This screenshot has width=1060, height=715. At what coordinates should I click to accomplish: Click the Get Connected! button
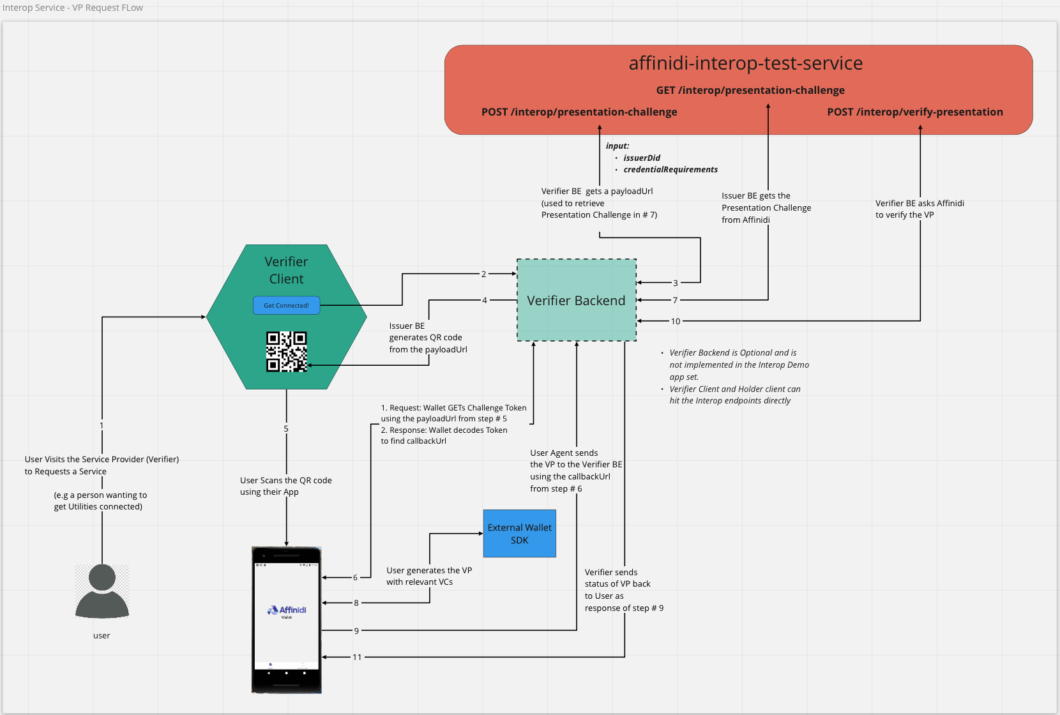click(x=286, y=305)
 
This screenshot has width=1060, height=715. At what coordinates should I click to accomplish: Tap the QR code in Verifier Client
click(x=287, y=351)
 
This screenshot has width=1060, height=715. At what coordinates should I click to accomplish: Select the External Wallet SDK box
click(x=519, y=534)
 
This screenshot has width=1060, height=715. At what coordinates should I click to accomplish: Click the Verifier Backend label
click(x=576, y=301)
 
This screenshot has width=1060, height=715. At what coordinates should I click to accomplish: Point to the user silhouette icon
click(x=102, y=591)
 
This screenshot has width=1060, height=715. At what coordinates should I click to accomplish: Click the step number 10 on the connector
click(x=676, y=321)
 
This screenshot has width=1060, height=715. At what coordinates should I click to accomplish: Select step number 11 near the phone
click(x=357, y=657)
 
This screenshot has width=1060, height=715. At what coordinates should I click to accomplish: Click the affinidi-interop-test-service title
click(x=745, y=63)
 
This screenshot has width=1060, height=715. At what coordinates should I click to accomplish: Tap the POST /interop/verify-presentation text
click(x=914, y=112)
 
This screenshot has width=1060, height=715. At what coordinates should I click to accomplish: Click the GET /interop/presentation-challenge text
click(x=750, y=91)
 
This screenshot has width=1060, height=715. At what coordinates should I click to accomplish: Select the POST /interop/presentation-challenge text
click(x=579, y=112)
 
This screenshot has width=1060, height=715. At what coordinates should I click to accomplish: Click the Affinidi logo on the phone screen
click(x=287, y=610)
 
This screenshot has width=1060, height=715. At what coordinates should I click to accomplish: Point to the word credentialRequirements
click(x=670, y=170)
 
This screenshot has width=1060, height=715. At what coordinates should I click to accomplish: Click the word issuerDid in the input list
click(x=642, y=158)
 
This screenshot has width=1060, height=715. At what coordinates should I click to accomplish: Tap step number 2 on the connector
click(x=483, y=274)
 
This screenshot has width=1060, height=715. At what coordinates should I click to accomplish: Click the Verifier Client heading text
click(x=286, y=270)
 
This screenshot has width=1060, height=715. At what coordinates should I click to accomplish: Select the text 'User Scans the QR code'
click(x=285, y=481)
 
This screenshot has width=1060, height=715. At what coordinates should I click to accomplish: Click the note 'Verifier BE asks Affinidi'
click(x=920, y=204)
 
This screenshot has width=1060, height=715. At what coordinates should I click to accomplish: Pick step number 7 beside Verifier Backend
click(x=675, y=300)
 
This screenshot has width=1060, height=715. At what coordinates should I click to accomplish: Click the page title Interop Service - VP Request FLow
click(x=73, y=8)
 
